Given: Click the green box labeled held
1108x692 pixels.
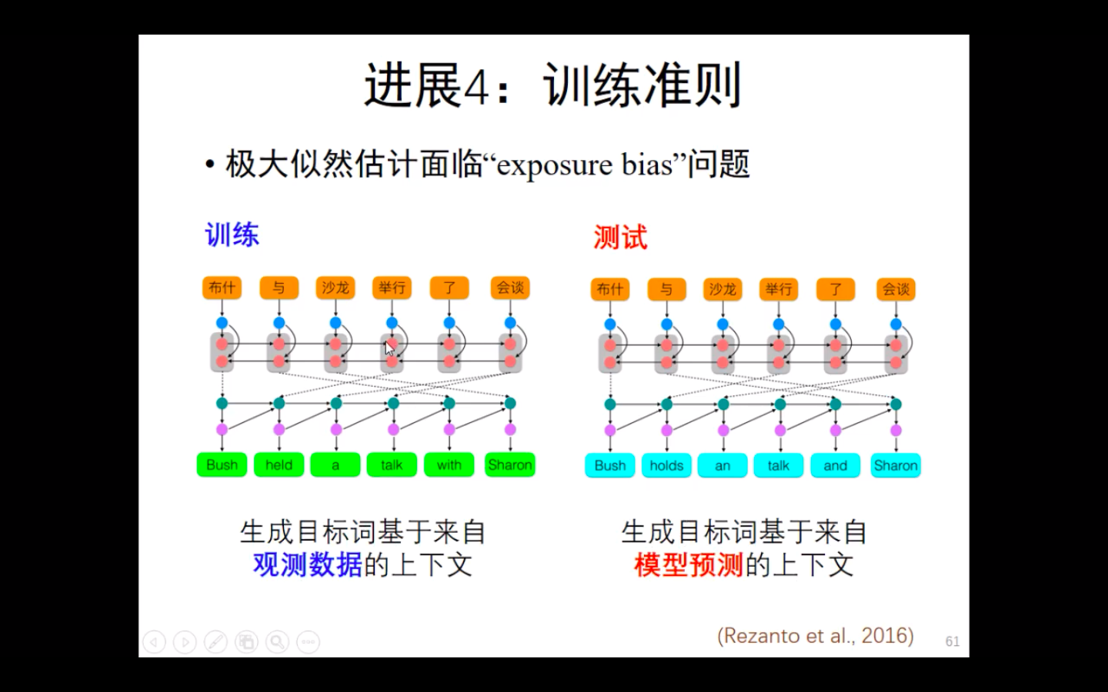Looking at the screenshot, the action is (x=279, y=464).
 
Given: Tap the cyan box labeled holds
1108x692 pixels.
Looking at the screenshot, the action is (x=666, y=466).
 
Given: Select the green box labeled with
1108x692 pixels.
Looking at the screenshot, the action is (x=449, y=464).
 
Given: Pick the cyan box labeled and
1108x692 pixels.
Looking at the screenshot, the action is (x=836, y=466).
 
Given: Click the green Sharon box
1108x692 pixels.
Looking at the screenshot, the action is (x=510, y=464).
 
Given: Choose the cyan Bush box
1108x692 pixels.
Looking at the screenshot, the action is (x=610, y=466).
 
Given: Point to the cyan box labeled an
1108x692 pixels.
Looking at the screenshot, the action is (x=723, y=466).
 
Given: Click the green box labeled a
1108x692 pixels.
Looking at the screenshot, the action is (x=335, y=464).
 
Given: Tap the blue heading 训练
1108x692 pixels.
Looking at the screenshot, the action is (x=232, y=235).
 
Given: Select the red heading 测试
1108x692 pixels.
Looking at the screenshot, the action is (x=621, y=238).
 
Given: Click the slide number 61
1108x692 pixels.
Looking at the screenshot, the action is (x=953, y=641).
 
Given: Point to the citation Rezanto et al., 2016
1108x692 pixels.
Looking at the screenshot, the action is (x=815, y=636).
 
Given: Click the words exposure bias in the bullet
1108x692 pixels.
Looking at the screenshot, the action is (x=585, y=165).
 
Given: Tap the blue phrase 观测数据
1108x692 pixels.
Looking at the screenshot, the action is (x=308, y=564).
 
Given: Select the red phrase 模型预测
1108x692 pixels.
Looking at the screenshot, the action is (x=689, y=564).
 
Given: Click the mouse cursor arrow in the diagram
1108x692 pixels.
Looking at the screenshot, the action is (x=389, y=348).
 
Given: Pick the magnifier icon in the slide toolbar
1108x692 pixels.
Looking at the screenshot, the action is (x=277, y=642).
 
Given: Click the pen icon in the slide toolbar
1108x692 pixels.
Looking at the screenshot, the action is (x=215, y=642).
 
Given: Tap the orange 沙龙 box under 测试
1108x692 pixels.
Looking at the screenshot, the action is (x=723, y=289).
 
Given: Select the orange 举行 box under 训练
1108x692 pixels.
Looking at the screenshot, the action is (x=392, y=288).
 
